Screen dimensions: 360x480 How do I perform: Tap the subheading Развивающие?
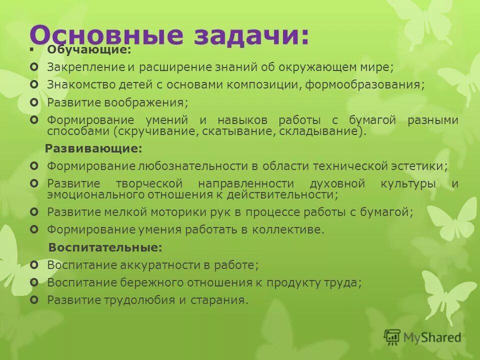coord(93,148)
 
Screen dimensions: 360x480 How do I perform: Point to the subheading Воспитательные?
coord(105,247)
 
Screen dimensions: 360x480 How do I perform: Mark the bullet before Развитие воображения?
coord(33,102)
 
